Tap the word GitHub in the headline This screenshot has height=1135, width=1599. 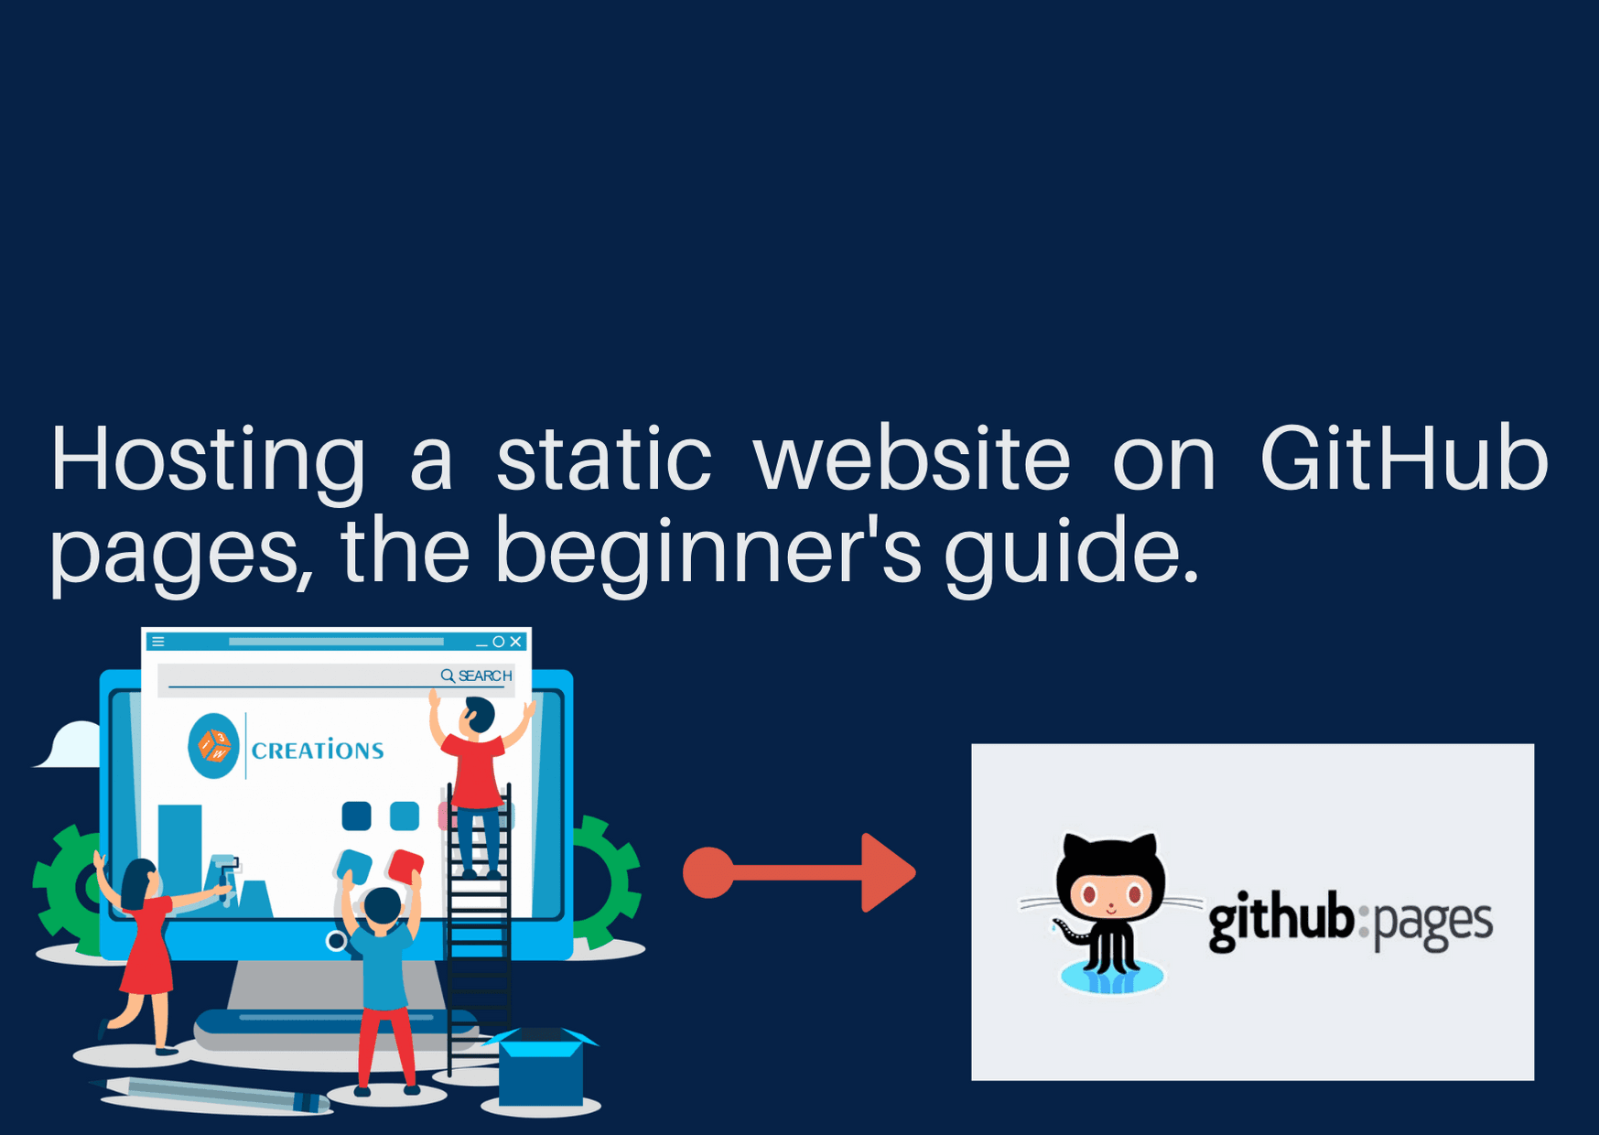coord(1404,457)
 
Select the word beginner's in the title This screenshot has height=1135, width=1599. coord(708,551)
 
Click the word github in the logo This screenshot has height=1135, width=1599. coord(1280,920)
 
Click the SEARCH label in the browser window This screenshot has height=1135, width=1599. coord(485,676)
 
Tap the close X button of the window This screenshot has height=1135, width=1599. coord(516,642)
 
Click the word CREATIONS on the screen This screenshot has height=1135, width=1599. coord(318,751)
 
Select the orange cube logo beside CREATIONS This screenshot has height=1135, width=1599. coord(215,746)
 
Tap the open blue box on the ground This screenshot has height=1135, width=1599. coord(541,1066)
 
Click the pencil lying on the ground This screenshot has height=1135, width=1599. coord(211,1094)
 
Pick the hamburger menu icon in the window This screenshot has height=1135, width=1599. coord(158,642)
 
